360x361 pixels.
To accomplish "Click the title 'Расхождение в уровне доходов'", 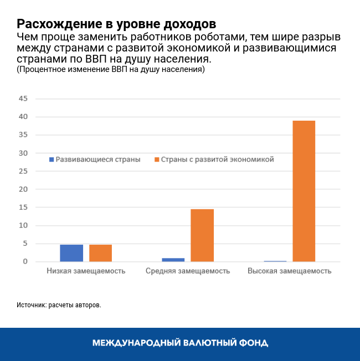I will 116,24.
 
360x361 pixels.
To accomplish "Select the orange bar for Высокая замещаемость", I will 304,191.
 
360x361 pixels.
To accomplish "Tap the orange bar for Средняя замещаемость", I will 202,235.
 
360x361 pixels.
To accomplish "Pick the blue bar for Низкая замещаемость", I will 71,253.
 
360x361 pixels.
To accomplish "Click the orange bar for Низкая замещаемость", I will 100,253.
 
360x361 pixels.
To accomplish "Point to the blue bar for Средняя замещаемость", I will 173,259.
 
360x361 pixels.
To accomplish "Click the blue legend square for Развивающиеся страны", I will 52,159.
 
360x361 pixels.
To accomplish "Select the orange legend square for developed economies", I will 157,159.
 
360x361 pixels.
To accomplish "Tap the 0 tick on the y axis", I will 25,261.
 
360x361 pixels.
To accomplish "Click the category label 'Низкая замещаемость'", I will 86,271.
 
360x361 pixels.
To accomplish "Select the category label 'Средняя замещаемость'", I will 188,271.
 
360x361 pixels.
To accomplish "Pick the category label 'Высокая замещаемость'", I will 290,271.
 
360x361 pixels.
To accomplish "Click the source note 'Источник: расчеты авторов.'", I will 59,305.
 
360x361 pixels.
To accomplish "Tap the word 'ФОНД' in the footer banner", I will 253,343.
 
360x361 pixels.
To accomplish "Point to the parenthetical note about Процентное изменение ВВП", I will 111,70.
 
